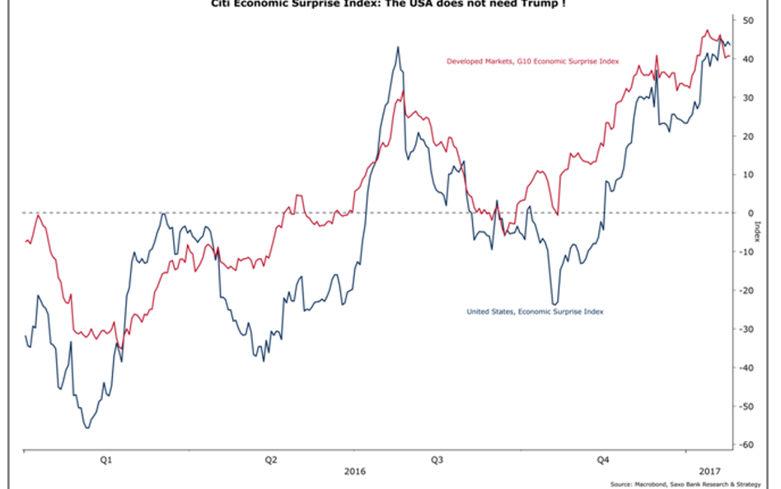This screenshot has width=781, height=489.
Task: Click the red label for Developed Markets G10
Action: [x=532, y=61]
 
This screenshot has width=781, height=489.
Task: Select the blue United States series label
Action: [x=535, y=312]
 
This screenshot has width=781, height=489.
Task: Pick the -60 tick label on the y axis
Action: [x=747, y=445]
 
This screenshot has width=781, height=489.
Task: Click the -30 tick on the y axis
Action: [x=747, y=329]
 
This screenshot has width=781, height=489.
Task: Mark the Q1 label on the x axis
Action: [x=106, y=459]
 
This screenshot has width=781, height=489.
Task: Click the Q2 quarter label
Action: [x=271, y=459]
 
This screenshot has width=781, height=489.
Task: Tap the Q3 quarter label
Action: [x=437, y=459]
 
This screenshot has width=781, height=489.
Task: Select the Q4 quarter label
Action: [x=602, y=459]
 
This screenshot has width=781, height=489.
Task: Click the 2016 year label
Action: [x=354, y=471]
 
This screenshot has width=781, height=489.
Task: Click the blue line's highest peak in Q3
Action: [x=398, y=47]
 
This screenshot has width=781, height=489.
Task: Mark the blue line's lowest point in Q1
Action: [x=87, y=427]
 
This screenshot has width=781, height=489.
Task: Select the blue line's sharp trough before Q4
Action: [x=554, y=304]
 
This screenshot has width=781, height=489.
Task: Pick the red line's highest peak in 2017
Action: [x=707, y=31]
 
